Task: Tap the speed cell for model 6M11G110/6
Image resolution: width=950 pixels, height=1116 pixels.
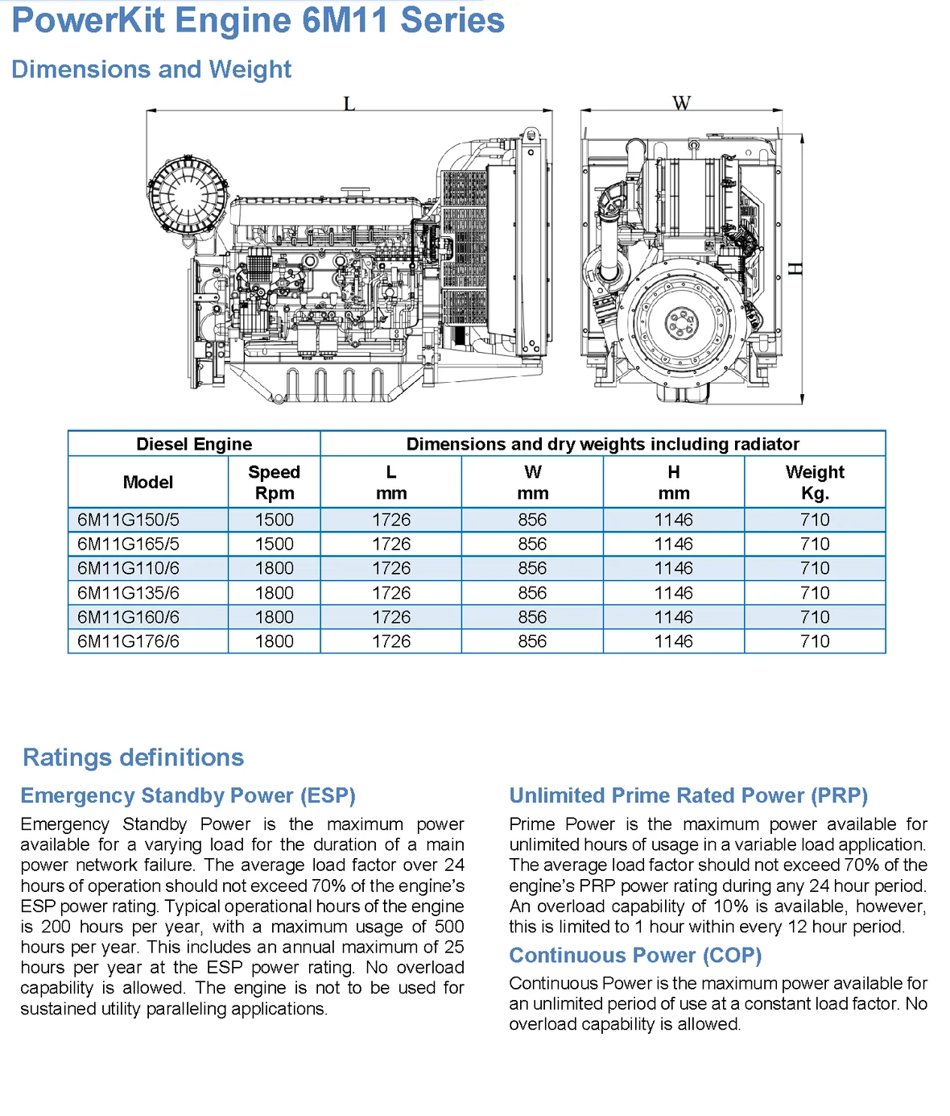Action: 274,568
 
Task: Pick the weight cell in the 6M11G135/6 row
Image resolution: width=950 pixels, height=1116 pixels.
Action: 814,593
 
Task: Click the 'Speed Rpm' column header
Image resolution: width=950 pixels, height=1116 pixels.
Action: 274,482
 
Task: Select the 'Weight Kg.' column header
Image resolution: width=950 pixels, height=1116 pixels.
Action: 814,482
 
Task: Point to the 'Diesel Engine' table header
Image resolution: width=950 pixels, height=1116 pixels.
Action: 194,444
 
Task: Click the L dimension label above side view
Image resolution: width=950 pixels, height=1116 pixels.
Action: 349,104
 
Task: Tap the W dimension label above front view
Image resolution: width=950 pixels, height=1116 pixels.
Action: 681,103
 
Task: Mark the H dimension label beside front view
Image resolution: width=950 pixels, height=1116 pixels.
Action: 795,268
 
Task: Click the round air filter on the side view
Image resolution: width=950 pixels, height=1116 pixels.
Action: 187,196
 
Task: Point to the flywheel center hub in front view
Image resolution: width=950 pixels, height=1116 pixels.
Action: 681,324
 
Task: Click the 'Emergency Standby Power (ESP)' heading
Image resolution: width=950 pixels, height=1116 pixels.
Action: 188,795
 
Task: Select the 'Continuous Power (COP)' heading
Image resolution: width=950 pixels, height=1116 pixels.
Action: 634,955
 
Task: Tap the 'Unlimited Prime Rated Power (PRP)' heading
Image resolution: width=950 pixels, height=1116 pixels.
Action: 688,795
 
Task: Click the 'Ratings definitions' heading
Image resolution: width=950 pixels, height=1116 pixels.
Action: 133,757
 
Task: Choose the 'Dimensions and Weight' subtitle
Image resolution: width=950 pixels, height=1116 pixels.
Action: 151,69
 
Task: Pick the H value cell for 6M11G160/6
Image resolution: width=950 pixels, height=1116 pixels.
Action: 673,617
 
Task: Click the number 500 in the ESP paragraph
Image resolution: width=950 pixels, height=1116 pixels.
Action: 449,927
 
